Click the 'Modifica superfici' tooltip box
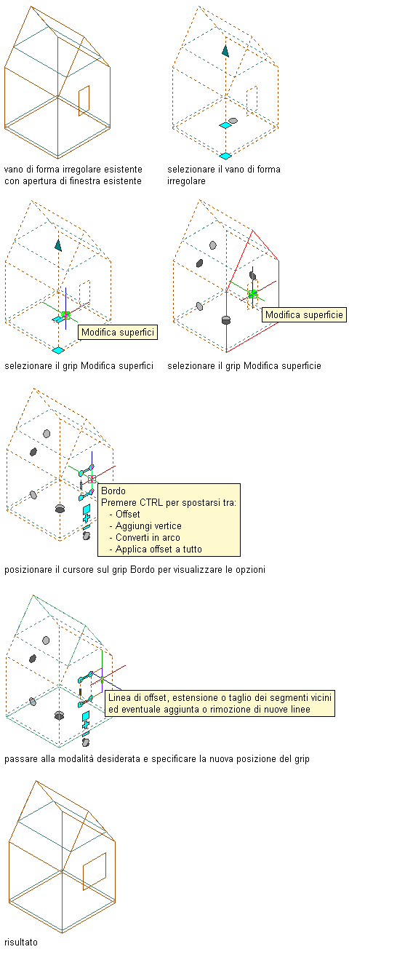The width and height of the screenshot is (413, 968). point(118,333)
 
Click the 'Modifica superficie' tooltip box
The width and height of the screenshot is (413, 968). point(304,314)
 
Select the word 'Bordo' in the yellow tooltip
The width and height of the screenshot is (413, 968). point(113,491)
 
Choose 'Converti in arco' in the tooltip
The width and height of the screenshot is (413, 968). point(148,538)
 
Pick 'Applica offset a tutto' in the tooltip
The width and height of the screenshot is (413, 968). point(159,550)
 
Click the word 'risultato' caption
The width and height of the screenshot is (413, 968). point(21,942)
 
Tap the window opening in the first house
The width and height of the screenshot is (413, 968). point(84,100)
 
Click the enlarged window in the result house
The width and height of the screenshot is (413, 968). point(95,871)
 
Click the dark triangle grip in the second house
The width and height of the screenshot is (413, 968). point(225,51)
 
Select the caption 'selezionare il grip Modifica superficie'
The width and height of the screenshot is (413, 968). point(244,366)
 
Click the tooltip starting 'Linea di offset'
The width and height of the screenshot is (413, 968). point(220,703)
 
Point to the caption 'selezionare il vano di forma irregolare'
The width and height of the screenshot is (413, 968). point(224,175)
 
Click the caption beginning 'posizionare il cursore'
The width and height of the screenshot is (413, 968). point(135,570)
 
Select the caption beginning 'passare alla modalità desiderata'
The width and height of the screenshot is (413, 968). point(157,759)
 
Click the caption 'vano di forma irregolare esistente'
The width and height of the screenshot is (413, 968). point(73,170)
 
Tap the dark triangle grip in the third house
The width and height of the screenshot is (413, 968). point(58,245)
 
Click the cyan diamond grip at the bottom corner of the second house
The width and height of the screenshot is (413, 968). point(225,156)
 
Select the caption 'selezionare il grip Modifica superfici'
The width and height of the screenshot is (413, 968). point(79,366)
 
